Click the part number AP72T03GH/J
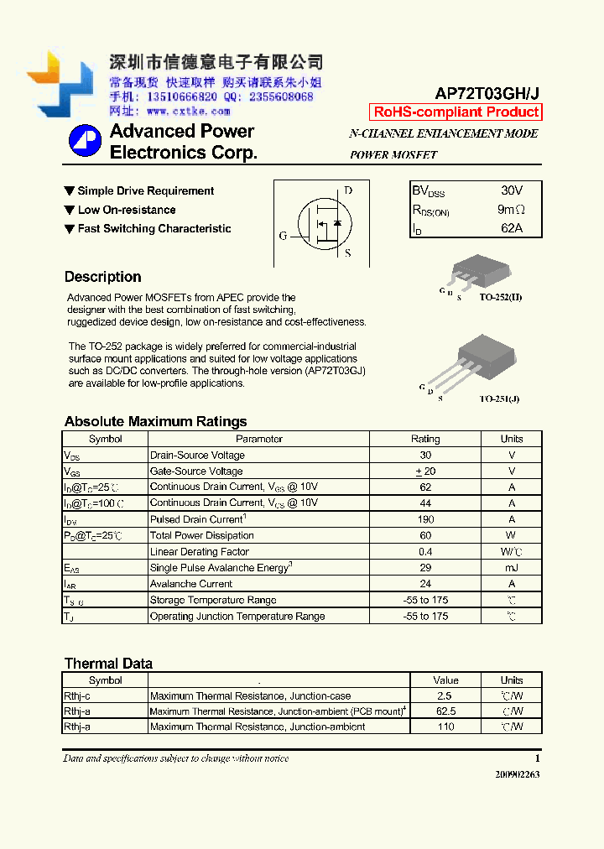tap(487, 94)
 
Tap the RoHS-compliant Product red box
tap(456, 112)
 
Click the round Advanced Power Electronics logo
tap(85, 141)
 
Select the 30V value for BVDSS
tap(511, 191)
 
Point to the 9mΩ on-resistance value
tap(511, 210)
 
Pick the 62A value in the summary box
tap(511, 228)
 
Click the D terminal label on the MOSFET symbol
tap(348, 190)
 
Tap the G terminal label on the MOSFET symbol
tap(283, 236)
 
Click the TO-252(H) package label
tap(501, 297)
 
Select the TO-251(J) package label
tap(499, 398)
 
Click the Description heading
tap(102, 277)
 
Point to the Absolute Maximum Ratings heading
tap(155, 421)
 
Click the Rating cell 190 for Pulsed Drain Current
tap(425, 519)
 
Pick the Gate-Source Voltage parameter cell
tap(196, 471)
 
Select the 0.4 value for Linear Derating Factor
tap(425, 552)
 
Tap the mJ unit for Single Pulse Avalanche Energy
tap(511, 568)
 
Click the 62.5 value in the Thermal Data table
tap(445, 711)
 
